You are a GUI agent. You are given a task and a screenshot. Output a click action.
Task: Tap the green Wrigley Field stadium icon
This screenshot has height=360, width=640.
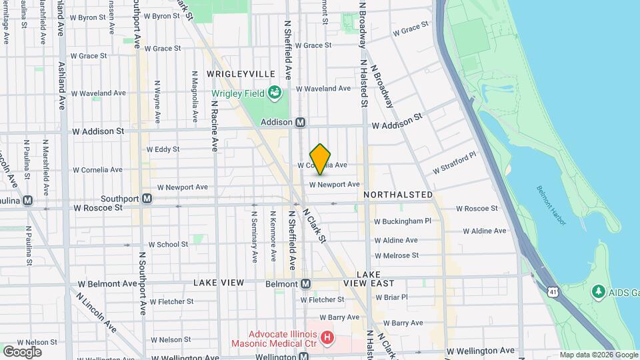(274, 93)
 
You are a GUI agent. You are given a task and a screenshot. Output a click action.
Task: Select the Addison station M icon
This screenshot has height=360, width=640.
(300, 123)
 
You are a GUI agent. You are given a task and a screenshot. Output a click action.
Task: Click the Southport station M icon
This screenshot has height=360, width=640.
(147, 199)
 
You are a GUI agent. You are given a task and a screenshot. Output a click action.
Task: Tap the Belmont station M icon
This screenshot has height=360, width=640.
(305, 284)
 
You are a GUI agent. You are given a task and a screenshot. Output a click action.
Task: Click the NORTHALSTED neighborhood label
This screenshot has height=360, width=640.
(399, 195)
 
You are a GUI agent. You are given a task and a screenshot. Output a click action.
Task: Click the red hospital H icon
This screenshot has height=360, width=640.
(327, 338)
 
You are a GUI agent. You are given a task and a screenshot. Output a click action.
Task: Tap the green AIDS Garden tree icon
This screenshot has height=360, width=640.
(599, 292)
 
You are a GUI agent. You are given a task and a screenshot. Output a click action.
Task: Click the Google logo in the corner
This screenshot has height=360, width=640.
(22, 351)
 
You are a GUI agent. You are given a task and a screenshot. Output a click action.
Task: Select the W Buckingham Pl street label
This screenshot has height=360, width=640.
(403, 221)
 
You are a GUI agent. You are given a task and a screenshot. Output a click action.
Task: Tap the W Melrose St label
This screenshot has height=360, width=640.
(396, 255)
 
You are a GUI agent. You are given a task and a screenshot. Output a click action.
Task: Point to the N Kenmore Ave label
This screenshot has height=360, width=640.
(273, 237)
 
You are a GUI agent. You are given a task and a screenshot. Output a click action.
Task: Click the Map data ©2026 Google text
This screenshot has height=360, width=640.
(598, 355)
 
